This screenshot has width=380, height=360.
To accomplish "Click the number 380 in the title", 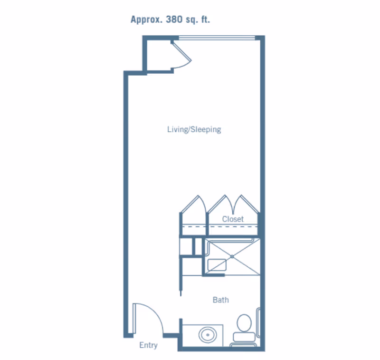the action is pyautogui.click(x=174, y=19).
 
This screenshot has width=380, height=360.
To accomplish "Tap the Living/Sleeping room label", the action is pyautogui.click(x=194, y=129).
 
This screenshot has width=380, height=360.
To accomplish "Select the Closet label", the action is pyautogui.click(x=233, y=219).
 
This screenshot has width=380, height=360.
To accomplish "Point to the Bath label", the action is pyautogui.click(x=221, y=300).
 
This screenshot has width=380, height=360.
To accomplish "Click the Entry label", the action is pyautogui.click(x=149, y=345).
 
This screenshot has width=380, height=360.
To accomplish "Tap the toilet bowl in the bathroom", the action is pyautogui.click(x=244, y=322).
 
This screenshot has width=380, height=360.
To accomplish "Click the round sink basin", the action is pyautogui.click(x=208, y=335).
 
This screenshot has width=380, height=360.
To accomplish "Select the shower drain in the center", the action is pyautogui.click(x=232, y=256).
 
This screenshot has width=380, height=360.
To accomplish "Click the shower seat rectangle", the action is pyautogui.click(x=217, y=265).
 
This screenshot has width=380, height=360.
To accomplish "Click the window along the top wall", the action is pyautogui.click(x=217, y=38).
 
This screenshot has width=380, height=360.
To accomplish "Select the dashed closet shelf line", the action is pyautogui.click(x=220, y=226).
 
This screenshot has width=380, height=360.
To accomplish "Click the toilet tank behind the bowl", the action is pyautogui.click(x=244, y=337).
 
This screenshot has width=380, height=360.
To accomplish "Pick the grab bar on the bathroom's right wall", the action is pyautogui.click(x=258, y=322).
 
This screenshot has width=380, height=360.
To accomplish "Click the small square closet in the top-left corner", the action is pyautogui.click(x=159, y=55).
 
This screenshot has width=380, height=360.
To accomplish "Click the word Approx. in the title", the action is pyautogui.click(x=146, y=19).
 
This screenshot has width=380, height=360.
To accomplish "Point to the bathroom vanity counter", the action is pyautogui.click(x=203, y=335).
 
